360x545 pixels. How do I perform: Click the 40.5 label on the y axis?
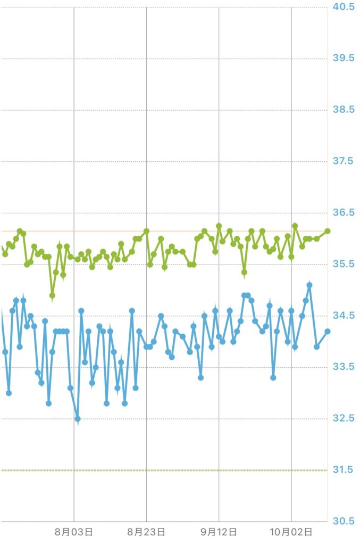click(x=344, y=7)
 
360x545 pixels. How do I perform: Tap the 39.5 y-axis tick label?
click(x=344, y=58)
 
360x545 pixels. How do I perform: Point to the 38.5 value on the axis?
click(x=344, y=110)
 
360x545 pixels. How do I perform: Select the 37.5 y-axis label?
click(x=344, y=161)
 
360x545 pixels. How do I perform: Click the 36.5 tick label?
click(x=344, y=213)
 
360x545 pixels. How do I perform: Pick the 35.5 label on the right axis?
click(x=344, y=265)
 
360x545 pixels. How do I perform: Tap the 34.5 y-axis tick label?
click(x=344, y=316)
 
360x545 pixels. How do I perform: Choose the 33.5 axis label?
click(x=344, y=367)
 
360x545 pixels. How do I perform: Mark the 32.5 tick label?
click(x=344, y=419)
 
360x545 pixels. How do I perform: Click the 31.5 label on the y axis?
click(x=344, y=470)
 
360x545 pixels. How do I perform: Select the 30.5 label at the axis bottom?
click(x=344, y=521)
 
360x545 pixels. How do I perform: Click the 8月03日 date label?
click(x=74, y=532)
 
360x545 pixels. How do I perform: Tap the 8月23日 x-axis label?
click(x=146, y=532)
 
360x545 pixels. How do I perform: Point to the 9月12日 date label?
click(x=219, y=532)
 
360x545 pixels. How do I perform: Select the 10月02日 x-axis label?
click(x=291, y=532)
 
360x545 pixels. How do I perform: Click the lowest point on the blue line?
click(x=78, y=419)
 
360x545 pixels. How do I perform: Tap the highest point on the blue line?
click(x=309, y=285)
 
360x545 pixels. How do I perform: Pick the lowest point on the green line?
click(x=52, y=295)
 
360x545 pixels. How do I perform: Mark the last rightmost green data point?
click(x=328, y=231)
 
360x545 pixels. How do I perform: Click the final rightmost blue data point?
click(x=328, y=331)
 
